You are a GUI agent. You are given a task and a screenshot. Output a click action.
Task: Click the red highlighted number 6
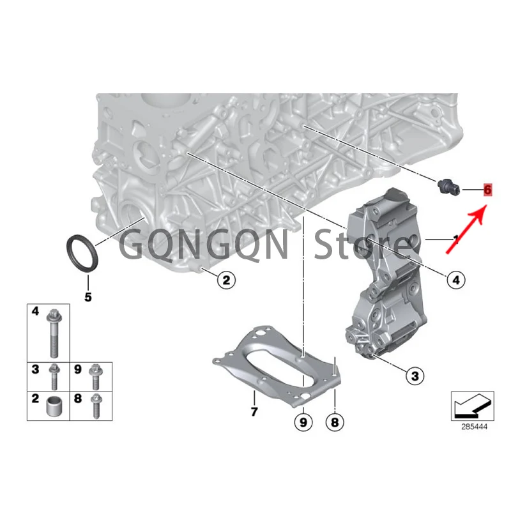pyautogui.click(x=487, y=190)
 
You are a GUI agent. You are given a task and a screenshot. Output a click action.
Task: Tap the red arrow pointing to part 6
pyautogui.click(x=466, y=229)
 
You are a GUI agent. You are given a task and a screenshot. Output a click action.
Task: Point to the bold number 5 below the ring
pyautogui.click(x=88, y=297)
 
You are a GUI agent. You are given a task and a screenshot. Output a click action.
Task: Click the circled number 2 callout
pyautogui.click(x=226, y=280)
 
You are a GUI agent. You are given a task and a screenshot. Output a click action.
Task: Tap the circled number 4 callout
pyautogui.click(x=456, y=280)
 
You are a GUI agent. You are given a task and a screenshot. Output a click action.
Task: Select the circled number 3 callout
pyautogui.click(x=415, y=376)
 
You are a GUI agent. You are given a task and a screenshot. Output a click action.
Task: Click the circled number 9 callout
pyautogui.click(x=303, y=422)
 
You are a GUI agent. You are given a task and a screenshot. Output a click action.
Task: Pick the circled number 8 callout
pyautogui.click(x=335, y=422)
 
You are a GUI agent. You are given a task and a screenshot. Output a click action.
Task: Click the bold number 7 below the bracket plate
pyautogui.click(x=254, y=411)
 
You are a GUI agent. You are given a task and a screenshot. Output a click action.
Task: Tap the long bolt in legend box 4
pyautogui.click(x=54, y=333)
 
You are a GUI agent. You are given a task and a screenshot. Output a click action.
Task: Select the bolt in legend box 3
pyautogui.click(x=54, y=376)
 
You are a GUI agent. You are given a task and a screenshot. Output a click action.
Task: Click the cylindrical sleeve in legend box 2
pyautogui.click(x=54, y=406)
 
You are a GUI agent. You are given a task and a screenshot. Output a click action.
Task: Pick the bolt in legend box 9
pyautogui.click(x=95, y=376)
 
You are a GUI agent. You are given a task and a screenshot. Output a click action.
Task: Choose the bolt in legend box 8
pyautogui.click(x=96, y=406)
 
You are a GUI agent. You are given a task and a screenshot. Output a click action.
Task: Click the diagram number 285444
pyautogui.click(x=474, y=427)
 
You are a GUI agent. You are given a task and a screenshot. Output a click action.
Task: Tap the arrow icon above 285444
pyautogui.click(x=473, y=406)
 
